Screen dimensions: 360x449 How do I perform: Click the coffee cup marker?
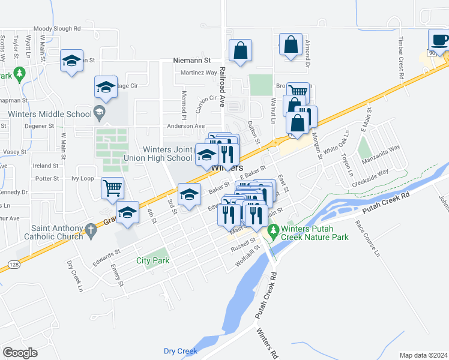click(x=439, y=40)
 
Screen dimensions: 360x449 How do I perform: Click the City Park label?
click(x=152, y=260)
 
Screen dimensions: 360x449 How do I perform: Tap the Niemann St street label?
click(x=192, y=61)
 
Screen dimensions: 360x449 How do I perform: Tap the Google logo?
click(x=19, y=353)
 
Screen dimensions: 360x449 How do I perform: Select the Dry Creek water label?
click(x=180, y=351)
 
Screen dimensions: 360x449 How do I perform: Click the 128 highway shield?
click(x=13, y=263)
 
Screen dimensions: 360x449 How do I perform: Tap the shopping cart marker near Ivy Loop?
click(x=112, y=188)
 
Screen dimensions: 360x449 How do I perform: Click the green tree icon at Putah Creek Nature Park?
click(x=273, y=230)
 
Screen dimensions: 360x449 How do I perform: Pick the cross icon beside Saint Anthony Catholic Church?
click(x=90, y=229)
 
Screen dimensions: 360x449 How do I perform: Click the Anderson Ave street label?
click(x=185, y=126)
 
